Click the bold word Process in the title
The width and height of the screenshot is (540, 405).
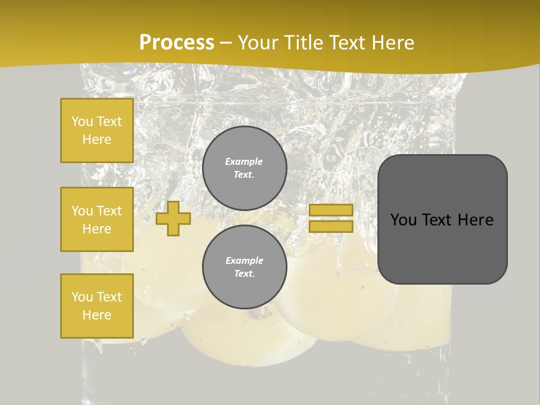pyautogui.click(x=177, y=42)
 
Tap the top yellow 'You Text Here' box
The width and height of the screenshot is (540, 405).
pyautogui.click(x=97, y=130)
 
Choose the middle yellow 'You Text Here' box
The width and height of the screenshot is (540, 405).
pyautogui.click(x=97, y=219)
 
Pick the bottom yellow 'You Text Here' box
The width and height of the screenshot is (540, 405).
pyautogui.click(x=97, y=306)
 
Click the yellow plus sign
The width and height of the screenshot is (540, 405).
pyautogui.click(x=173, y=219)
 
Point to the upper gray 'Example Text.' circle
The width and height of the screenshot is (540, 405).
pyautogui.click(x=244, y=168)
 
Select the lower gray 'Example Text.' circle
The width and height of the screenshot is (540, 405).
pyautogui.click(x=244, y=267)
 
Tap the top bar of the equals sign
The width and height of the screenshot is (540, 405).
pyautogui.click(x=331, y=210)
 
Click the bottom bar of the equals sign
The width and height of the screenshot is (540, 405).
pyautogui.click(x=331, y=227)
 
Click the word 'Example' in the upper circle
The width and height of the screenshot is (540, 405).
pyautogui.click(x=244, y=161)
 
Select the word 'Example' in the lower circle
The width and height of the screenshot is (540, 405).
pyautogui.click(x=244, y=260)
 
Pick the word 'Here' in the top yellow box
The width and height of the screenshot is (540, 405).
pyautogui.click(x=97, y=139)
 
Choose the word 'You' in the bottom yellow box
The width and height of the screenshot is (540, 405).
pyautogui.click(x=82, y=297)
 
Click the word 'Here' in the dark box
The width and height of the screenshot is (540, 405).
pyautogui.click(x=476, y=220)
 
